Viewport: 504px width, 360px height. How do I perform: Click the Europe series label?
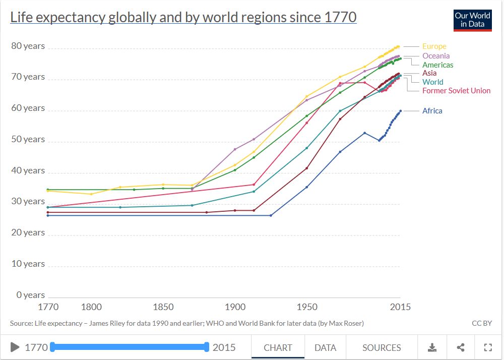click(434, 46)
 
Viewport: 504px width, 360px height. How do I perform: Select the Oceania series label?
click(436, 56)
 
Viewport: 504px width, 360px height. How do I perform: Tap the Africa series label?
click(432, 111)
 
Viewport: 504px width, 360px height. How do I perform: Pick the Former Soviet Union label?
click(456, 91)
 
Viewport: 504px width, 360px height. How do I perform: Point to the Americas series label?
click(437, 65)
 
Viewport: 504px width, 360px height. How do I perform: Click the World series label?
click(432, 82)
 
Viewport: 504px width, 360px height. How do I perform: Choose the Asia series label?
click(429, 74)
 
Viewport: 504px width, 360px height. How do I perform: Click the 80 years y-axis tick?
click(28, 46)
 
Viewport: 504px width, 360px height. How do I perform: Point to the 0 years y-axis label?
click(30, 295)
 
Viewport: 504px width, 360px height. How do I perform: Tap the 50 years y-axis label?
click(28, 139)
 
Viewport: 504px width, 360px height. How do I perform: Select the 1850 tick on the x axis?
click(163, 307)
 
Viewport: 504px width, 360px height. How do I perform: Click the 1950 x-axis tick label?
click(307, 307)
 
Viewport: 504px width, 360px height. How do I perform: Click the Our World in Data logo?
click(472, 20)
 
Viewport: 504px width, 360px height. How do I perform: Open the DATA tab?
click(325, 347)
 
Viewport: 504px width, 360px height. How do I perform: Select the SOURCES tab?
click(382, 347)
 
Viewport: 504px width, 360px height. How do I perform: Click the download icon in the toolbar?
click(432, 347)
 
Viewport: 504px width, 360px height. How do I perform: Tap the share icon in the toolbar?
click(460, 347)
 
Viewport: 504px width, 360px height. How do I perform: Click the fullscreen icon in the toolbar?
click(487, 347)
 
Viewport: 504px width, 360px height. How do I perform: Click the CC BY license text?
click(481, 323)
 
